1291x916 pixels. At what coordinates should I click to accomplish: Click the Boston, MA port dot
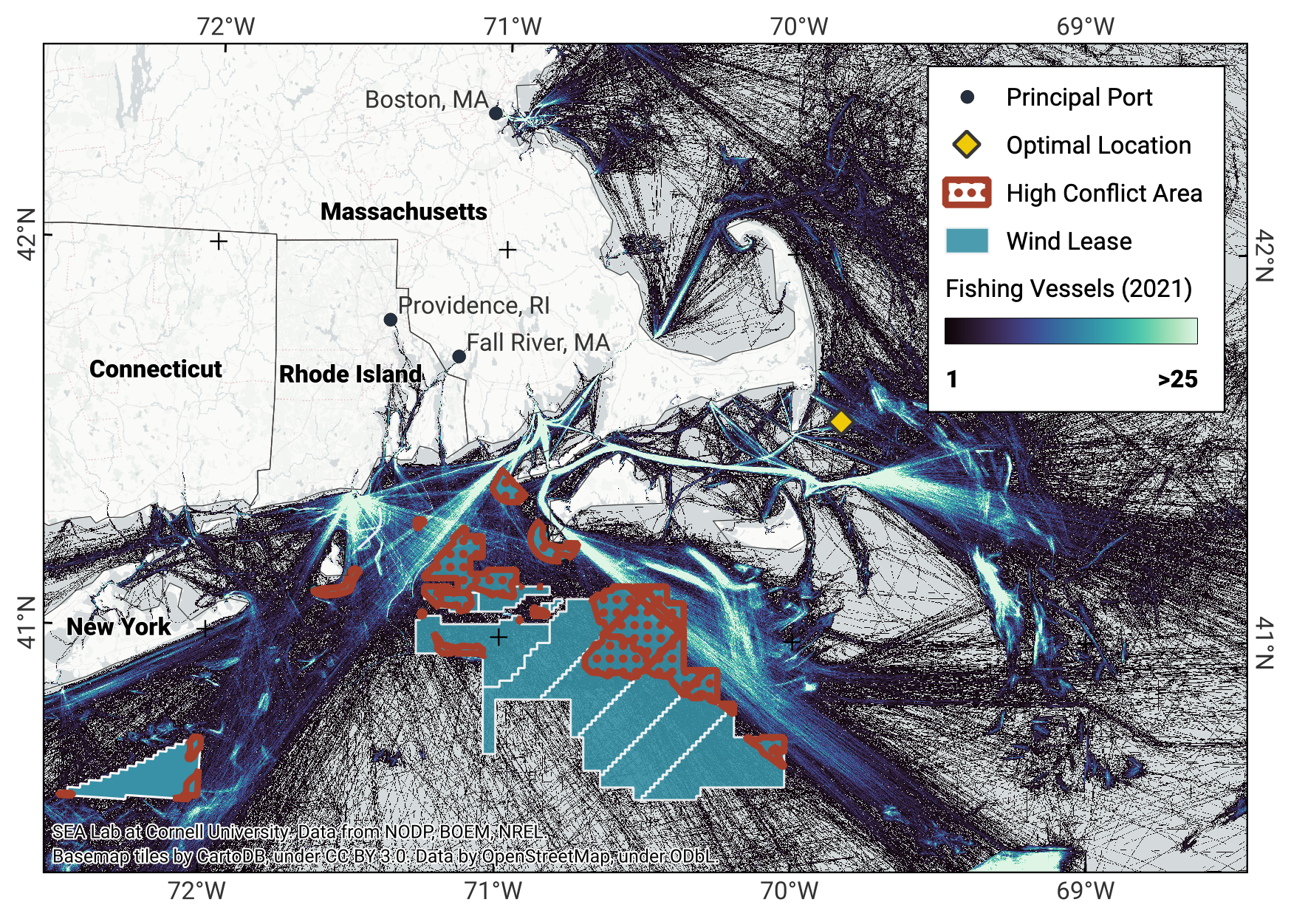[x=496, y=113]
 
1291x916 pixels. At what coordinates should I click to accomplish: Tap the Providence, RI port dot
[x=391, y=320]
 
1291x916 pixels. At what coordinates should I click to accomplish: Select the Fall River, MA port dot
[x=459, y=357]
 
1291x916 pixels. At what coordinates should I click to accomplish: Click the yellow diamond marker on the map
[x=840, y=422]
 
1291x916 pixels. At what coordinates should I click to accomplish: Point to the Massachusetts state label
[x=403, y=212]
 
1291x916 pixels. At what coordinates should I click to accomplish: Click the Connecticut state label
[x=155, y=369]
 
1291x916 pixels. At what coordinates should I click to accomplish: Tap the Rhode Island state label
[x=350, y=375]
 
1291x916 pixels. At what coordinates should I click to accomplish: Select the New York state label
[x=118, y=627]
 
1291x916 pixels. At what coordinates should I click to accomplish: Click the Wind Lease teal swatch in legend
[x=967, y=241]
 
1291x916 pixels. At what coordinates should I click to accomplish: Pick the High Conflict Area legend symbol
[x=967, y=193]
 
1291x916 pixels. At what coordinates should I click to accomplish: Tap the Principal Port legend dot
[x=967, y=97]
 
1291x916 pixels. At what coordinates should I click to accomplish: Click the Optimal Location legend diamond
[x=967, y=145]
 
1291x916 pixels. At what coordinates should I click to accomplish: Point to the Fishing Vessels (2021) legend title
[x=1068, y=289]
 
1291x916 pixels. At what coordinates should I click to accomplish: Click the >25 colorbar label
[x=1177, y=380]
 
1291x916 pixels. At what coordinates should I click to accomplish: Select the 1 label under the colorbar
[x=952, y=380]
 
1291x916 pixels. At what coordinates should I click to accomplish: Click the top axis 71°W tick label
[x=513, y=27]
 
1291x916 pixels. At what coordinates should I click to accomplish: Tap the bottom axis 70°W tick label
[x=790, y=891]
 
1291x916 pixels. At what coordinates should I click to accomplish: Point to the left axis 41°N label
[x=27, y=623]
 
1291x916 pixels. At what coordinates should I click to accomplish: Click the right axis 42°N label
[x=1264, y=256]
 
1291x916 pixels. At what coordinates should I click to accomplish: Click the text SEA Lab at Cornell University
[x=170, y=833]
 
